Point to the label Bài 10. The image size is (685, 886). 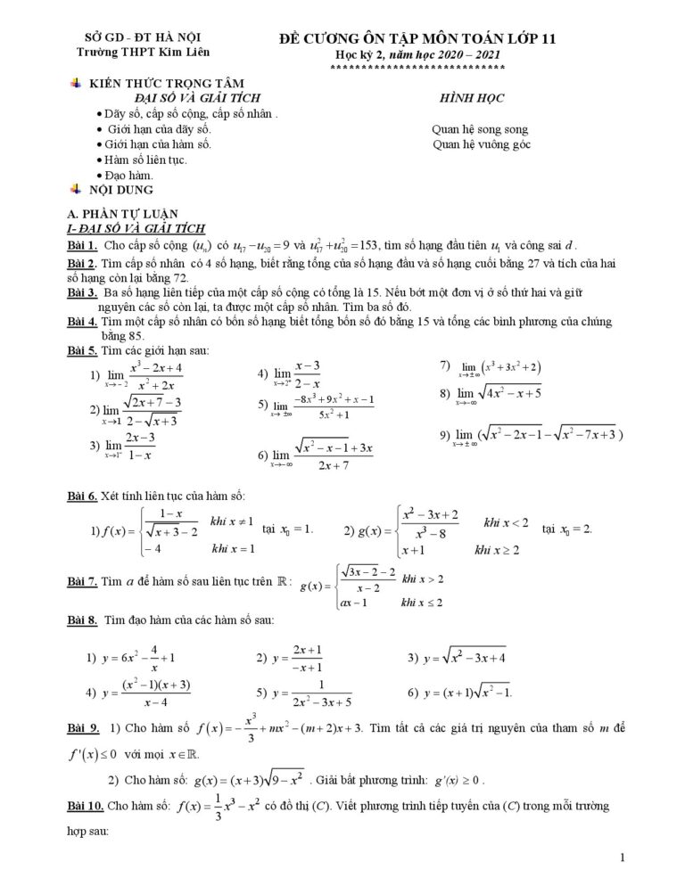86,806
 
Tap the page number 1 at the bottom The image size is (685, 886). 622,857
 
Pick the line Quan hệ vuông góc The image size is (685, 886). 480,144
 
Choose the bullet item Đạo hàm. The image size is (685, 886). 128,176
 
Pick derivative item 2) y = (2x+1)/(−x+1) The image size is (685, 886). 295,659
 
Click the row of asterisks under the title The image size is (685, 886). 417,68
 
